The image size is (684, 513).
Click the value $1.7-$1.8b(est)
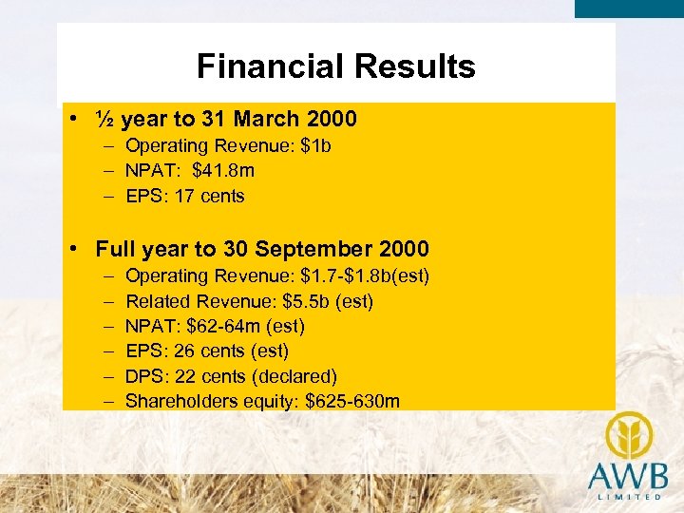(365, 276)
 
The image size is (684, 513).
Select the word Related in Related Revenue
(157, 301)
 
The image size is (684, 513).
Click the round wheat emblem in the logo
(626, 435)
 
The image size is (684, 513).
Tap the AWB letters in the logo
(627, 475)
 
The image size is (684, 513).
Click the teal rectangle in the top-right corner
(629, 9)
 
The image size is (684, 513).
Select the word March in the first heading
(267, 120)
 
